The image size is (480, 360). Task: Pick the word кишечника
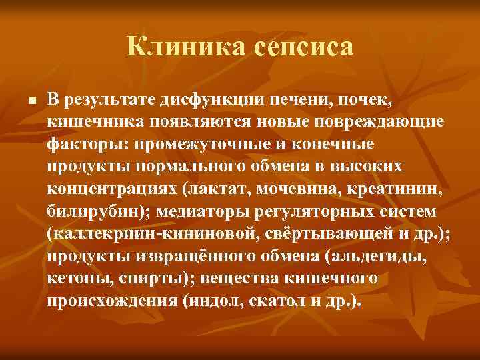tap(90, 123)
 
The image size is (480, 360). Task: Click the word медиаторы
tap(181, 211)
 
